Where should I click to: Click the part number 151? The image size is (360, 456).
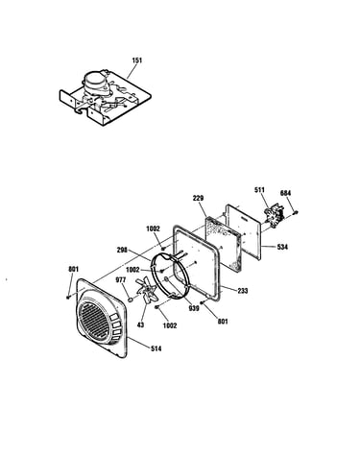coord(137,60)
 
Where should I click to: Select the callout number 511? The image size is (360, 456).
coord(259,190)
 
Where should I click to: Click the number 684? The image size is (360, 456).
coord(285,193)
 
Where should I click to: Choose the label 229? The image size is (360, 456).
coord(198,199)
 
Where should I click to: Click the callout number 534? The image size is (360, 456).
coord(282,247)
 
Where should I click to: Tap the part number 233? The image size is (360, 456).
coord(243,291)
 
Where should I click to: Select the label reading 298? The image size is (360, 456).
coord(122,250)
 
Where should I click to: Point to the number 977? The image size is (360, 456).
coord(120,280)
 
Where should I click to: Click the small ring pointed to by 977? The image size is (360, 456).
coord(131,300)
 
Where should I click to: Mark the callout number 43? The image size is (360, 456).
coord(140,324)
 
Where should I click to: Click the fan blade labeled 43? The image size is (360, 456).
coord(147,290)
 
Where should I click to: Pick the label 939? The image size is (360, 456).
coord(194,308)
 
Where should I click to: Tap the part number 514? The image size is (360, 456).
coord(156,348)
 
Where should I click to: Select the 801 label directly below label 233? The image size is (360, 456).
coord(223,321)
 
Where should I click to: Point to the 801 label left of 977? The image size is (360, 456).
coord(74,270)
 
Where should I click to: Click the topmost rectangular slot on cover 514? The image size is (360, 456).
coord(114,318)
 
